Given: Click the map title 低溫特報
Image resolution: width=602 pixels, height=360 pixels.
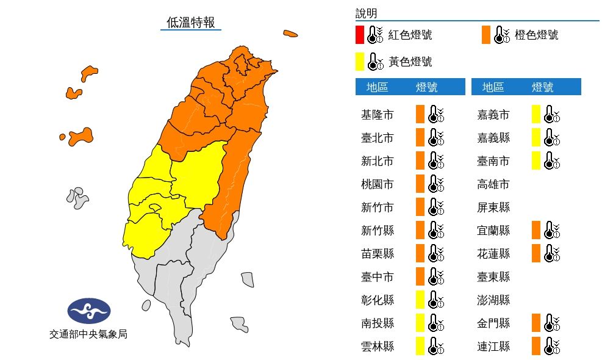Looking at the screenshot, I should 191,23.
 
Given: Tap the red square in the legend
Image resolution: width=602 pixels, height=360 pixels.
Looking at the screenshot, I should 360,35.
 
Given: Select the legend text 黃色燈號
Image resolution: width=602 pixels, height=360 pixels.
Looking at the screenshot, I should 410,62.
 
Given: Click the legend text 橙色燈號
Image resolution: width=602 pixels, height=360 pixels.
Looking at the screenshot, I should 537,35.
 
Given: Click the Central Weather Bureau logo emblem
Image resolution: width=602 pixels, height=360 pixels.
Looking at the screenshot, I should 89,311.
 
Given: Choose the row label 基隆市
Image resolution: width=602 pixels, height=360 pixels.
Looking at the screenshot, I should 377,115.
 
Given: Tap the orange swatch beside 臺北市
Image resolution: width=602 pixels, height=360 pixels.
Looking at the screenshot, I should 420,138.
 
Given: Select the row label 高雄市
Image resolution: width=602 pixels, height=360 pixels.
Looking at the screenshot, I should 493,184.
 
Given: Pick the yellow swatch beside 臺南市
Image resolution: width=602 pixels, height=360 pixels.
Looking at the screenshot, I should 536,161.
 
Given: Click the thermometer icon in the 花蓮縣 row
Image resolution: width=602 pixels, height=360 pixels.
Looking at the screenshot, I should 552,254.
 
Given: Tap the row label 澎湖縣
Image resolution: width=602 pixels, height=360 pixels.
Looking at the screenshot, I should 493,300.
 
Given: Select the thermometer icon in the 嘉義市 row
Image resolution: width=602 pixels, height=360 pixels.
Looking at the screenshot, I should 552,115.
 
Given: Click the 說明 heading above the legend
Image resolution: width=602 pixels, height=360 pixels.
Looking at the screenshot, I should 366,13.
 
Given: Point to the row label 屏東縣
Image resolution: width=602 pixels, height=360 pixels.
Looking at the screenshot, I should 493,207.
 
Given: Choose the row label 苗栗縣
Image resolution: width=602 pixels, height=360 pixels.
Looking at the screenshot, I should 377,254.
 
